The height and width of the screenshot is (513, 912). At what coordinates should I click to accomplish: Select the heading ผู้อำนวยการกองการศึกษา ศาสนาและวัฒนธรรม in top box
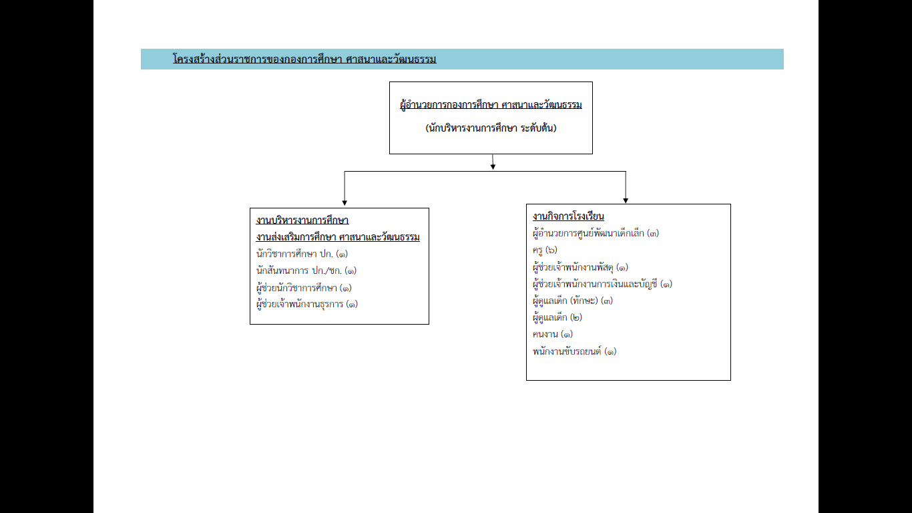(x=491, y=105)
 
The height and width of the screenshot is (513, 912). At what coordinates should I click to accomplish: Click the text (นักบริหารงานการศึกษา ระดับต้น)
(x=491, y=128)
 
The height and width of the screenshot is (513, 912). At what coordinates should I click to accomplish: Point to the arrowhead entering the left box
(x=345, y=202)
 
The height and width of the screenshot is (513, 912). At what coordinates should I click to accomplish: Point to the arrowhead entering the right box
(x=626, y=200)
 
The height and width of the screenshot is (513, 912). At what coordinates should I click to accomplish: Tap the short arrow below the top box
(x=493, y=162)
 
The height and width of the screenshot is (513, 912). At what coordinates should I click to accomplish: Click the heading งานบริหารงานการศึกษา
(x=302, y=220)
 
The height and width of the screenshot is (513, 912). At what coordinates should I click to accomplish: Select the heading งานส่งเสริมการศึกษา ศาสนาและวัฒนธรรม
(x=338, y=237)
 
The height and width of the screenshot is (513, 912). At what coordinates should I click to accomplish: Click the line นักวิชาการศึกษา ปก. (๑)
(x=302, y=254)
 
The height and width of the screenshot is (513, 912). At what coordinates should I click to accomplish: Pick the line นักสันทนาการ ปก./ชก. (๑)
(x=306, y=271)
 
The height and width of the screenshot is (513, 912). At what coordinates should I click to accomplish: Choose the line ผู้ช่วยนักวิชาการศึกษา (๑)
(x=304, y=288)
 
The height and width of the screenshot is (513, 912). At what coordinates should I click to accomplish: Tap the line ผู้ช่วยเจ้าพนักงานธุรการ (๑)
(x=307, y=305)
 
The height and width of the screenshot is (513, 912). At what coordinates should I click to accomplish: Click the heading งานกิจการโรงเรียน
(x=568, y=216)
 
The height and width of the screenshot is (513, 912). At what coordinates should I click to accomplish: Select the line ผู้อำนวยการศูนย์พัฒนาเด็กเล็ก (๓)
(x=596, y=234)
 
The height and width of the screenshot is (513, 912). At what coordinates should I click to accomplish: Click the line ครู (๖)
(x=545, y=250)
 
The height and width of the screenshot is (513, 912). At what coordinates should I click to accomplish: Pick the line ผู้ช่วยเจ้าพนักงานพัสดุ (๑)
(x=580, y=267)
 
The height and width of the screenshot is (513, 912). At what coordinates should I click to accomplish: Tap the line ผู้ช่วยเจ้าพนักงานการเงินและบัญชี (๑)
(x=602, y=284)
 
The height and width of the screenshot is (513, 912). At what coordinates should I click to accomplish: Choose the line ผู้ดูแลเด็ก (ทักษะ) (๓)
(x=572, y=301)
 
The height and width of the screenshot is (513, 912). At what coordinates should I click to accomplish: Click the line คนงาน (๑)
(x=553, y=334)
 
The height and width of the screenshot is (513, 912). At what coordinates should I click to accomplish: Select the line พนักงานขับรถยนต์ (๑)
(x=574, y=351)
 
